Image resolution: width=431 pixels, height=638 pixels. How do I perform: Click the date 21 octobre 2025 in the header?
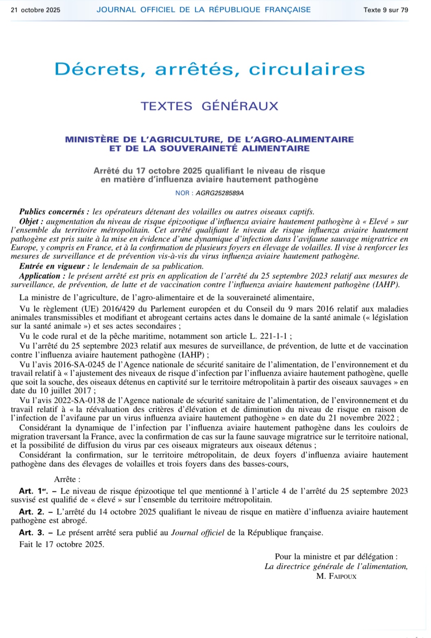[35, 10]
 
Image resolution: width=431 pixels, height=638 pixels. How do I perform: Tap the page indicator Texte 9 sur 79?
[385, 10]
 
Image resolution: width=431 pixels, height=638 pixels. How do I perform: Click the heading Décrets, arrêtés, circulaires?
[210, 69]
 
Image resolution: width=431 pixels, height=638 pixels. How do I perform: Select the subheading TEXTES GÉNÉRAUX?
[209, 106]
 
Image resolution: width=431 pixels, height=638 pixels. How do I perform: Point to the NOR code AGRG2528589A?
[220, 193]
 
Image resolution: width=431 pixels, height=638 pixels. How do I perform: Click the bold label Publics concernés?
[52, 211]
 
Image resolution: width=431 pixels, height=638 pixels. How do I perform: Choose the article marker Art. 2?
[31, 512]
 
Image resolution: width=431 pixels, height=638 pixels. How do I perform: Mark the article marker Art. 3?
[31, 533]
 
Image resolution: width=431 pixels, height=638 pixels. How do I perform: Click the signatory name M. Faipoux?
[336, 576]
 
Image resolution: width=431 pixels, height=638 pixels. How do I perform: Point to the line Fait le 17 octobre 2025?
[62, 544]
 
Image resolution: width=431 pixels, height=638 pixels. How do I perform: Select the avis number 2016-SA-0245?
[89, 365]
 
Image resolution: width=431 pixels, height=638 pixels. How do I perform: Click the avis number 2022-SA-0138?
[89, 401]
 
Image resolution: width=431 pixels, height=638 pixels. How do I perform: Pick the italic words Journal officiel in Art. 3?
[198, 533]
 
